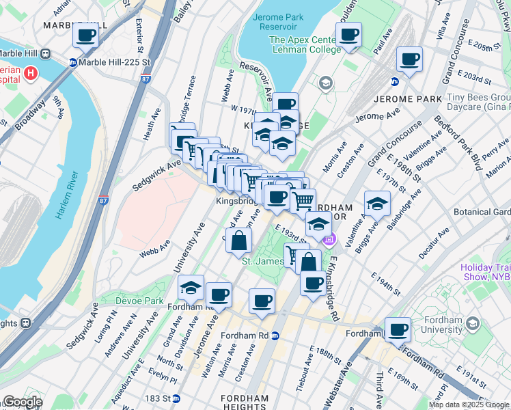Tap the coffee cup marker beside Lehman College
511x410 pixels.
348,35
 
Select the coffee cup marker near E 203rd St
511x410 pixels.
410,59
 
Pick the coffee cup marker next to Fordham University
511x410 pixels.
398,330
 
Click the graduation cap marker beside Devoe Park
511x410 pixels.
191,288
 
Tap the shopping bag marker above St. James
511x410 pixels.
239,240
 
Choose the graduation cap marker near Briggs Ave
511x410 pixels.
377,203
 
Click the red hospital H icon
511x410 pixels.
30,72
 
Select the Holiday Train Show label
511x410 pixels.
485,272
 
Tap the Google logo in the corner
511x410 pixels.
23,401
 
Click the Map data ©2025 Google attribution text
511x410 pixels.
469,405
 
